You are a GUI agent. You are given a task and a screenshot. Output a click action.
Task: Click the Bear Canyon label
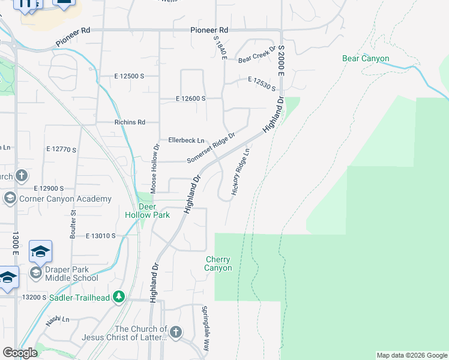pyautogui.click(x=366, y=59)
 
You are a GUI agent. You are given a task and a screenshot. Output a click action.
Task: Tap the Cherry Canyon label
pyautogui.click(x=218, y=264)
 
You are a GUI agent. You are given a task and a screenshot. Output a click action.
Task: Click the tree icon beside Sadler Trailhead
pyautogui.click(x=119, y=296)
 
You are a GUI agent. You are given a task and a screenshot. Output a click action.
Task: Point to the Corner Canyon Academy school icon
pyautogui.click(x=10, y=199)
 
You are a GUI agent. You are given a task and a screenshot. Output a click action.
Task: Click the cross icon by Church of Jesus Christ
pyautogui.click(x=175, y=332)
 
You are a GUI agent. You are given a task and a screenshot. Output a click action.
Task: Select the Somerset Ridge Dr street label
pyautogui.click(x=210, y=148)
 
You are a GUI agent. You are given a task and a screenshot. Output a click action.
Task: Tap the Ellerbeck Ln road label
pyautogui.click(x=186, y=140)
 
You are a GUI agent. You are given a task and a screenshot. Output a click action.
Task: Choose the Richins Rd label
pyautogui.click(x=130, y=122)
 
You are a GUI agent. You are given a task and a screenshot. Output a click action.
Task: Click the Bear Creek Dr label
pyautogui.click(x=256, y=55)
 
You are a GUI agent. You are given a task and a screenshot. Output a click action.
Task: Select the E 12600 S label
pyautogui.click(x=191, y=98)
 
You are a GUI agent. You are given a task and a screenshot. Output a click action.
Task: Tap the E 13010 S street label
pyautogui.click(x=100, y=236)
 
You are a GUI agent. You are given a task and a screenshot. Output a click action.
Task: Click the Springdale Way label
pyautogui.click(x=205, y=337)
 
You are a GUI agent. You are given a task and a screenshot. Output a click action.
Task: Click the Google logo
pyautogui.click(x=20, y=353)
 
